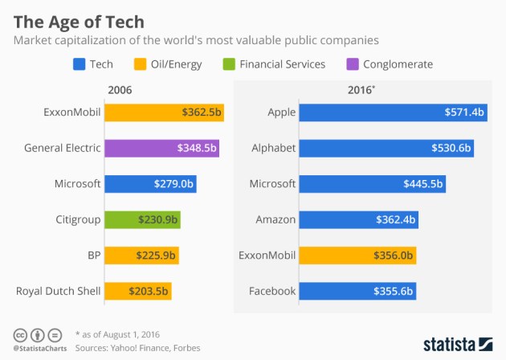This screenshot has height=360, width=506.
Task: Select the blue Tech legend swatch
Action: (79, 64)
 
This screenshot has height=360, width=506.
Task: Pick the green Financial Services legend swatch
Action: (230, 64)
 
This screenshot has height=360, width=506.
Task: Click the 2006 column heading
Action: (119, 90)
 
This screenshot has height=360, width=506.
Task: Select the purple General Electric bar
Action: (161, 148)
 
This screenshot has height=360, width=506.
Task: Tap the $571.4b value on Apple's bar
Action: (464, 112)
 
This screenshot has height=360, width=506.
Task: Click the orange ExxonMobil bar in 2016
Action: (357, 256)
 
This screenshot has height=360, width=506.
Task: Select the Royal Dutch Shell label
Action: (59, 291)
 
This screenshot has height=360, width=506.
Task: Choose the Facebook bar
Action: (357, 291)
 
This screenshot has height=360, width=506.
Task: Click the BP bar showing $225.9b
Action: (141, 256)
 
